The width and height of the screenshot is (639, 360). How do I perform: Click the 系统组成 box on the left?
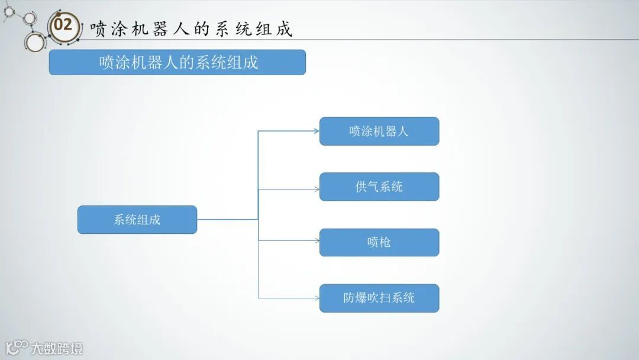pos(137,220)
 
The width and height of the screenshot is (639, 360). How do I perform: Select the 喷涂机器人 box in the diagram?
pos(379,131)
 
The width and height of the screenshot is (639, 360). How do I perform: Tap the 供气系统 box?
pos(379,187)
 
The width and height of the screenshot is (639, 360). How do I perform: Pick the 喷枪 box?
pos(379,242)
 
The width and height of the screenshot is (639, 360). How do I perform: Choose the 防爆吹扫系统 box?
pos(379,298)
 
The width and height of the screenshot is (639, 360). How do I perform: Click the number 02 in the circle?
pos(63,25)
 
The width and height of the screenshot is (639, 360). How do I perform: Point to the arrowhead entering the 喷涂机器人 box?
pos(317,131)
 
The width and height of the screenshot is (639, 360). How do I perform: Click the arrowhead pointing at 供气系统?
pos(317,189)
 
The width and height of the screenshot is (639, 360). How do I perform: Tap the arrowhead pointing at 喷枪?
pos(317,240)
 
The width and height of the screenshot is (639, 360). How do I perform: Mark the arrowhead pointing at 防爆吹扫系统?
pos(317,298)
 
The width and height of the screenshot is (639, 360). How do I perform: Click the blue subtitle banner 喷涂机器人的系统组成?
pos(177,62)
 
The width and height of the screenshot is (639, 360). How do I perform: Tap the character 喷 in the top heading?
pos(98,29)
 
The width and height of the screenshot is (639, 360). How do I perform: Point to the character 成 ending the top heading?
pos(285,29)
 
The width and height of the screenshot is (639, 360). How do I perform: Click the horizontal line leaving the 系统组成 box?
pos(227,220)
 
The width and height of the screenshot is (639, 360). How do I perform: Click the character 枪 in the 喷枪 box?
pos(385,242)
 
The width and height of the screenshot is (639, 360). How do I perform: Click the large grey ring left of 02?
pos(34,42)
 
